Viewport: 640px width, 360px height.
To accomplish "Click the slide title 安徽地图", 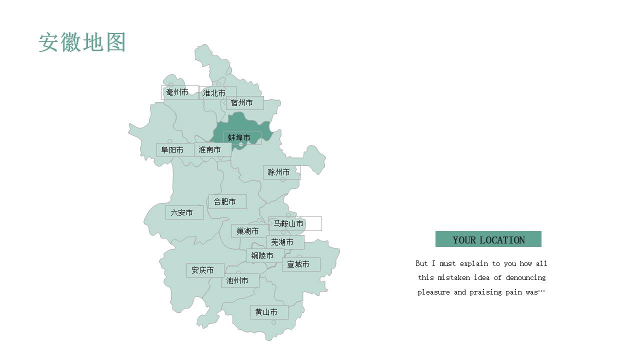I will (x=82, y=43).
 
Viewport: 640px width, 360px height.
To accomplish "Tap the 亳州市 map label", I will (x=177, y=92).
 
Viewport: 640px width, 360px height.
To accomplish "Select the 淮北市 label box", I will (x=214, y=93).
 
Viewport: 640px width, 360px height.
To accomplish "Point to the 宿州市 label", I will (x=242, y=103).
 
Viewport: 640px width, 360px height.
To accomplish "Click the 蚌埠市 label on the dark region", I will (x=239, y=137).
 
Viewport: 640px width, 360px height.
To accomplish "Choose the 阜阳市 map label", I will (x=172, y=150).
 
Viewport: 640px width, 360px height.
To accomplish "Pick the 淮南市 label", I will (x=210, y=149).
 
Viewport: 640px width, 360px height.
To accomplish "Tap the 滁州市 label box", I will (x=279, y=172).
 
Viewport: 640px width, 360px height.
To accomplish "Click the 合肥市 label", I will (x=225, y=201).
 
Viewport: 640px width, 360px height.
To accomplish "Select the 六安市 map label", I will (x=182, y=212).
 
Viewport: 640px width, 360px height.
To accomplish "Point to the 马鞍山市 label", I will (x=289, y=223).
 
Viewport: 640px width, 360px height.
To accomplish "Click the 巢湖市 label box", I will (x=248, y=231).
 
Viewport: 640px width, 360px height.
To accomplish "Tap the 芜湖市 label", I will (x=282, y=242).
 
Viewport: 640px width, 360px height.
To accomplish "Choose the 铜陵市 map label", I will (x=262, y=255).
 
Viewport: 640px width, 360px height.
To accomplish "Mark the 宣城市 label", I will (x=298, y=264).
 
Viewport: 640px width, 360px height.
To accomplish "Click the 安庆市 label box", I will (x=203, y=270).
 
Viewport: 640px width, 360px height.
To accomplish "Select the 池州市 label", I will (x=237, y=280).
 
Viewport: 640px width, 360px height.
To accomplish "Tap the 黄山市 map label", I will (x=266, y=312).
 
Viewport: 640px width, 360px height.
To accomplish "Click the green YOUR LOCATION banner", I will (x=488, y=239).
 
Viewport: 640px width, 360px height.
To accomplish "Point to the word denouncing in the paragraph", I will (x=525, y=277).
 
